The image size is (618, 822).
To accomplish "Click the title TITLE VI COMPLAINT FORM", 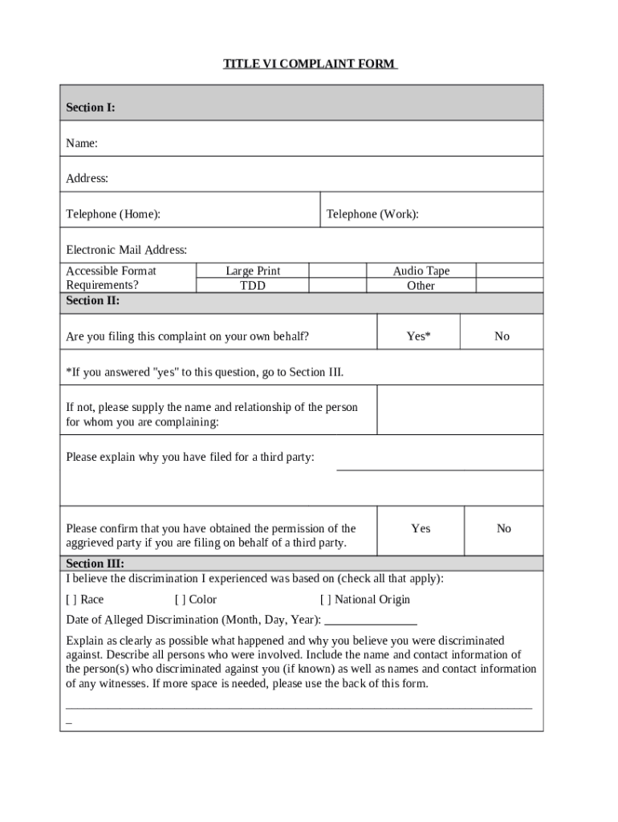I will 310,63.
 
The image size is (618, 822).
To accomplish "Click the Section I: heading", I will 90,107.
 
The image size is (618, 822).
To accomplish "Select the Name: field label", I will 82,143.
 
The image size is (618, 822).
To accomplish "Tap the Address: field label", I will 87,178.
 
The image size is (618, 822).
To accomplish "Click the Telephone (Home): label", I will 113,214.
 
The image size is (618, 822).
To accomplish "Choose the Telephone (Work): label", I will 372,214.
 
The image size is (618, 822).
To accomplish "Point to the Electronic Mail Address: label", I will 126,250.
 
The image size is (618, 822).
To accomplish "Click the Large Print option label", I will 253,271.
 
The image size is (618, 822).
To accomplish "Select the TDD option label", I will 253,286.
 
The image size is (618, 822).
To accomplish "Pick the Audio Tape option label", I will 421,271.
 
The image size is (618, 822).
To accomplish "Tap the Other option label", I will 421,286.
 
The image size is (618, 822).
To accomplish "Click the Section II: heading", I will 92,300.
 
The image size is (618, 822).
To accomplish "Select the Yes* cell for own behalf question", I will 418,336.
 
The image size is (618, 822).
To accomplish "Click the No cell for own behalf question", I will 502,336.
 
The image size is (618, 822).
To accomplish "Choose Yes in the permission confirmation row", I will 421,528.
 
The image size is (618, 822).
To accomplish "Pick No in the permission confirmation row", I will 503,528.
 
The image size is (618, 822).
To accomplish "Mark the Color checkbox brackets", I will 180,600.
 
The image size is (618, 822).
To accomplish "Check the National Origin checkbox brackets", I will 325,600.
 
